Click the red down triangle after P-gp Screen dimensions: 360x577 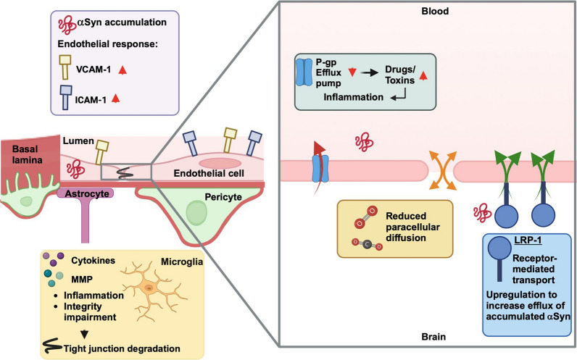pyautogui.click(x=354, y=70)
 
